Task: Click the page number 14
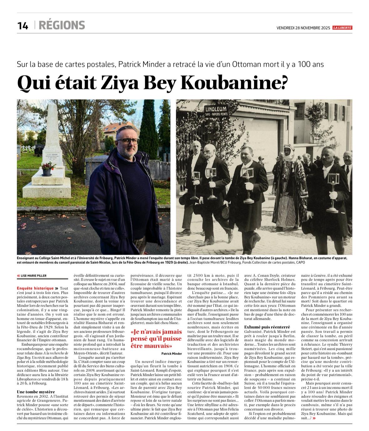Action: coord(23,25)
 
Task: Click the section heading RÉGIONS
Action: coord(62,25)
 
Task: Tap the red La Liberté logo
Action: coord(342,28)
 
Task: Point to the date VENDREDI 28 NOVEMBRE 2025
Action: coord(303,28)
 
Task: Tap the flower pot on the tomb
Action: coord(47,170)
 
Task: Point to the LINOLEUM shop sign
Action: coord(216,109)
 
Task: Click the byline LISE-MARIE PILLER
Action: coord(33,276)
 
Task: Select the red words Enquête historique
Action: coord(31,288)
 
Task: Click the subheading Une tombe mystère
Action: coord(36,392)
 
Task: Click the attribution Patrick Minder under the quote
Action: coord(172,353)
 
